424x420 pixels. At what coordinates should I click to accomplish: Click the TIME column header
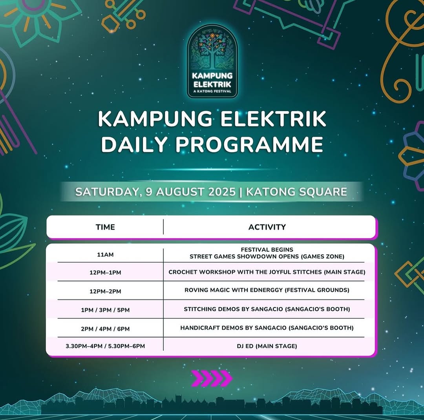click(105, 227)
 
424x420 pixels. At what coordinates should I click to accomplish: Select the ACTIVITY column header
click(267, 227)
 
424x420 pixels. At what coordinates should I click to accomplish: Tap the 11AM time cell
click(105, 254)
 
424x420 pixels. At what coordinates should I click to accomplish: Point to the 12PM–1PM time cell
click(105, 272)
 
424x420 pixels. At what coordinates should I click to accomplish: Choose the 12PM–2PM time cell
click(105, 291)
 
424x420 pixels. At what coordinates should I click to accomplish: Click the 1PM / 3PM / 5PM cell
click(105, 310)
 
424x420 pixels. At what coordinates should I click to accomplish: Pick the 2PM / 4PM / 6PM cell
click(105, 329)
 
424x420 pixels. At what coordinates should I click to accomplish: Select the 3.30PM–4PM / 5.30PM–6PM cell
click(105, 346)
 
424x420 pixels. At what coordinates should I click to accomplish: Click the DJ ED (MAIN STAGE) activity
click(267, 346)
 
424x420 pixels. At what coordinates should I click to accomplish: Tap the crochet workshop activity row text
click(267, 272)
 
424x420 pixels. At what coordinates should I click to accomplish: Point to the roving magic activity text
click(267, 290)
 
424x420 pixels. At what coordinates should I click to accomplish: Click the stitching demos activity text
click(267, 309)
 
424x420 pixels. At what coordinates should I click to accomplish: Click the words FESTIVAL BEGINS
click(267, 250)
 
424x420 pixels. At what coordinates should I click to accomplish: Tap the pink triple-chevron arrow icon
click(212, 378)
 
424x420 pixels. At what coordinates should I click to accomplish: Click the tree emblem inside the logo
click(212, 51)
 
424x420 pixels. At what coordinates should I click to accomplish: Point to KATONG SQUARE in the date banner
click(296, 192)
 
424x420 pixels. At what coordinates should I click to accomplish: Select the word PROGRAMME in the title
click(249, 144)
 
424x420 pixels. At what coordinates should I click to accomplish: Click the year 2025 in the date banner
click(222, 192)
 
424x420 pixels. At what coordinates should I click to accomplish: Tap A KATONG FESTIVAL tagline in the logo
click(212, 91)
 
